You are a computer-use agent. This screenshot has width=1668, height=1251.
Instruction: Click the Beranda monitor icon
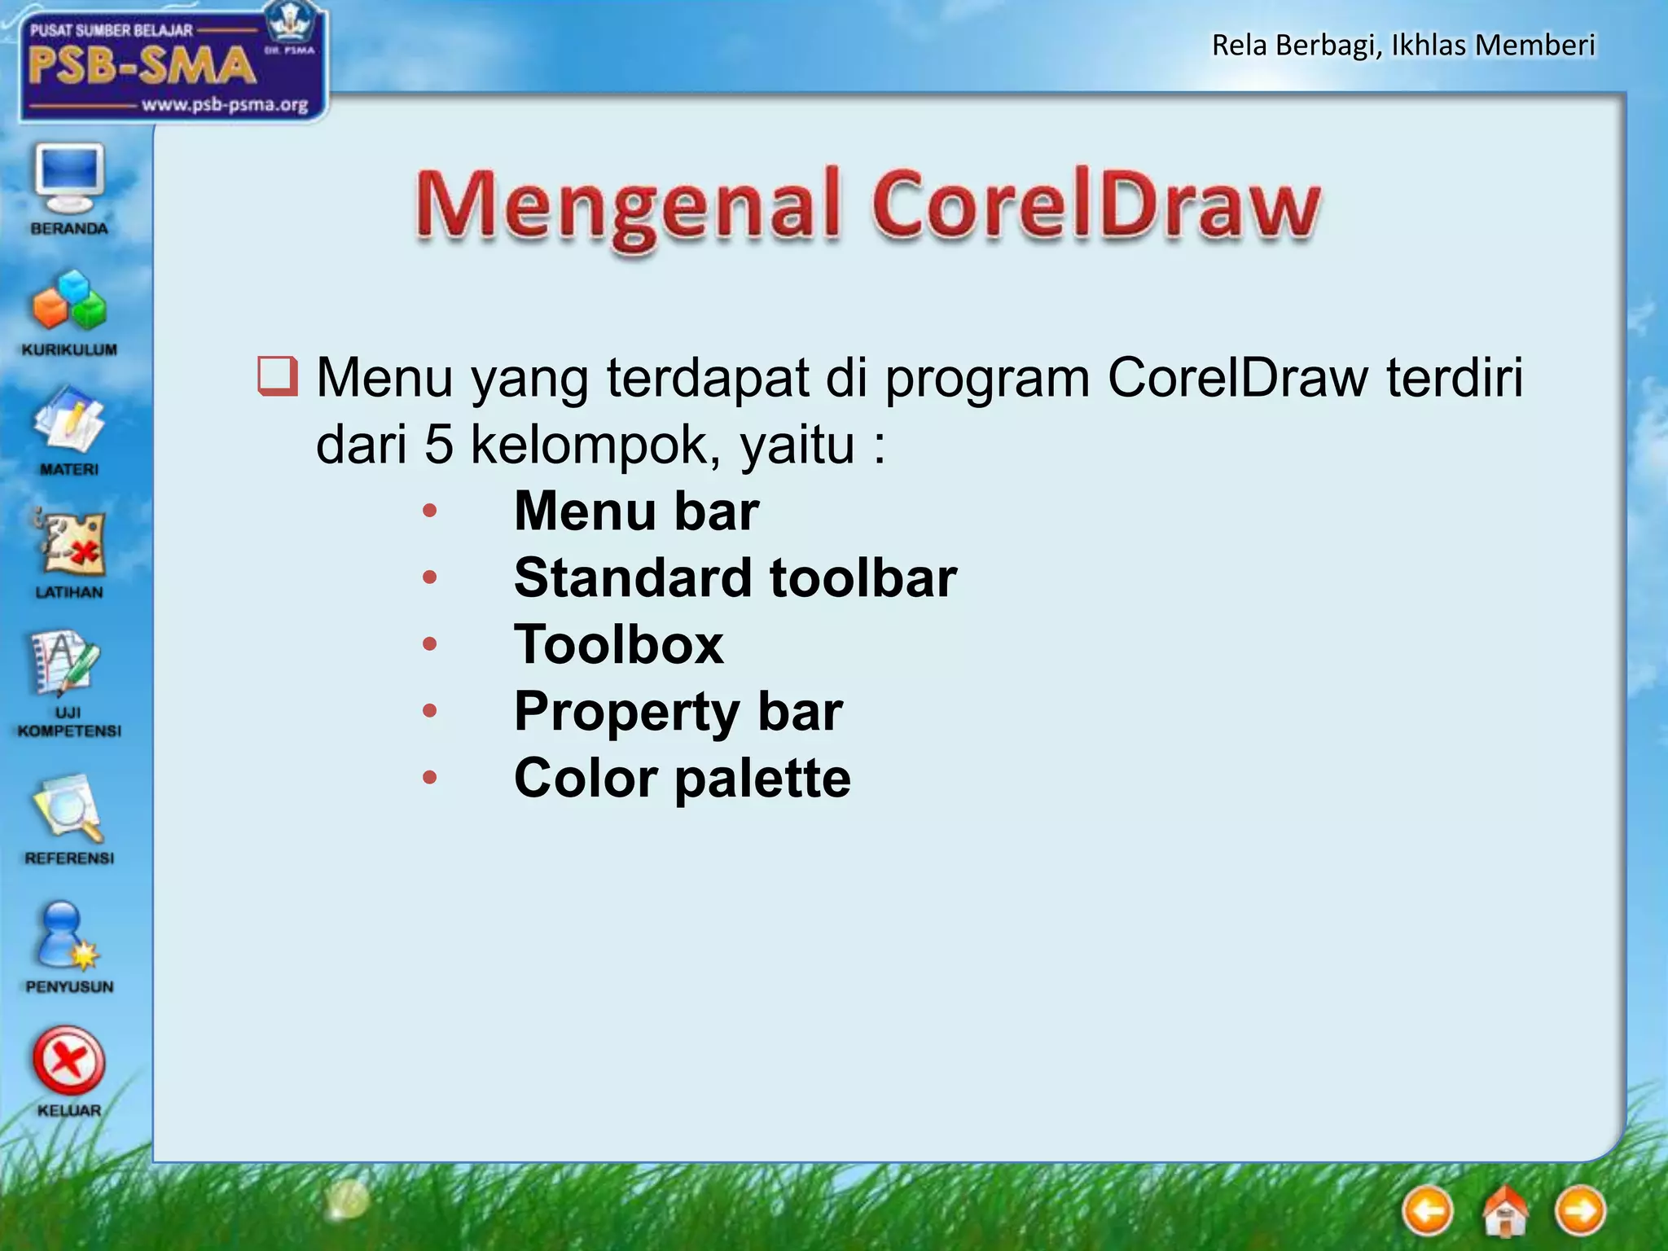(x=69, y=178)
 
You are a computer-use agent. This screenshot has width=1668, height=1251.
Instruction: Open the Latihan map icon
(x=69, y=544)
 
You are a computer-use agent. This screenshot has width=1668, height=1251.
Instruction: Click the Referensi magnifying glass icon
(x=69, y=808)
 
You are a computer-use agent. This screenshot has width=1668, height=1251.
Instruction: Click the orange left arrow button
(x=1427, y=1211)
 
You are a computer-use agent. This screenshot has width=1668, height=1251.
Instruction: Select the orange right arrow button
(x=1580, y=1211)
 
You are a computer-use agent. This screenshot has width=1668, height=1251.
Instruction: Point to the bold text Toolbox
(x=619, y=644)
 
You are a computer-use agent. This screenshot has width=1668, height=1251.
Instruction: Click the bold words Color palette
(x=683, y=778)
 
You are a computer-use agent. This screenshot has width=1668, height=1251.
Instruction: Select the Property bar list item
(x=678, y=711)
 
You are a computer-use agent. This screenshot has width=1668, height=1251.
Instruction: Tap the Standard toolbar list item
(x=735, y=577)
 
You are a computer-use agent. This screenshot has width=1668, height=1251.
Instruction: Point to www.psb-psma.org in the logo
(x=225, y=104)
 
